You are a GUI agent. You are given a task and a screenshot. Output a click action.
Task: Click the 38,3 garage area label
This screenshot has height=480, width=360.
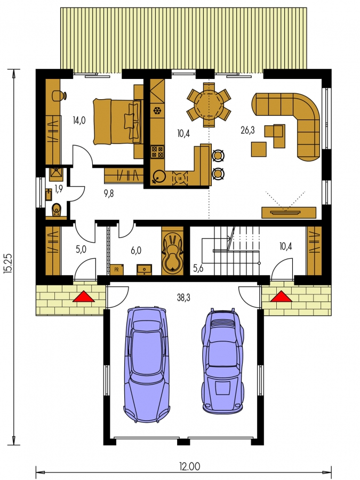(183, 297)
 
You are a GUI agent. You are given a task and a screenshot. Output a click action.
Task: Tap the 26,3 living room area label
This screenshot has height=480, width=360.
(247, 131)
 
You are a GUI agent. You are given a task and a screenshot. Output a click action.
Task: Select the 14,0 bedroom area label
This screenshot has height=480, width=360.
(79, 121)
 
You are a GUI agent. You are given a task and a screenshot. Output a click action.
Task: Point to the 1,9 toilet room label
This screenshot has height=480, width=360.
(59, 189)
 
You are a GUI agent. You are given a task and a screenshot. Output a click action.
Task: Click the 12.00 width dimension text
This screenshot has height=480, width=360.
(189, 467)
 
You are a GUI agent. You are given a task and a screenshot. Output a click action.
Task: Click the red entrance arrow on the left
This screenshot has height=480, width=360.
(84, 297)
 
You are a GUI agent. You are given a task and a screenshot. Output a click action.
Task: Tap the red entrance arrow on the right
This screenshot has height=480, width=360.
(281, 297)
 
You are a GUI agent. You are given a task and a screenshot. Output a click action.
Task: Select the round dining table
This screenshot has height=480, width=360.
(209, 104)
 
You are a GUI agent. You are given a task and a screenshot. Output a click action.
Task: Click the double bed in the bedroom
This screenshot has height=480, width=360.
(118, 122)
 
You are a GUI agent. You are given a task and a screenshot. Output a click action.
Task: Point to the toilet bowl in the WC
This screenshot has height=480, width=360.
(57, 210)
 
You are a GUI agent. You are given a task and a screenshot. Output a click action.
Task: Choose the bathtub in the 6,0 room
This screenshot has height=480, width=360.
(173, 253)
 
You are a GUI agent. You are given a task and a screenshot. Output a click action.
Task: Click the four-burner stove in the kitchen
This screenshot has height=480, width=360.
(157, 152)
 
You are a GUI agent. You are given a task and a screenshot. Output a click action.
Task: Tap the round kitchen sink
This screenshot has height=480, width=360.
(159, 177)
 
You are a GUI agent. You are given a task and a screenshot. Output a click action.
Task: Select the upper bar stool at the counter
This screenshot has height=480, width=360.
(218, 156)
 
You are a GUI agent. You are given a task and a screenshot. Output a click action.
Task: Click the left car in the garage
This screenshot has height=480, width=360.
(147, 364)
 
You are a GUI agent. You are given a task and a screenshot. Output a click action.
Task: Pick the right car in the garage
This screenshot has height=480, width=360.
(223, 361)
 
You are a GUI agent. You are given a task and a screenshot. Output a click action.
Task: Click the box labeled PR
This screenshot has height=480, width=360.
(117, 270)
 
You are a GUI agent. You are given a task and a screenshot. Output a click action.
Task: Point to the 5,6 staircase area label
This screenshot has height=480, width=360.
(198, 268)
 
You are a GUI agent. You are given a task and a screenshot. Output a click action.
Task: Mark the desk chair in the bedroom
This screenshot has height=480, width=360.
(59, 95)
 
